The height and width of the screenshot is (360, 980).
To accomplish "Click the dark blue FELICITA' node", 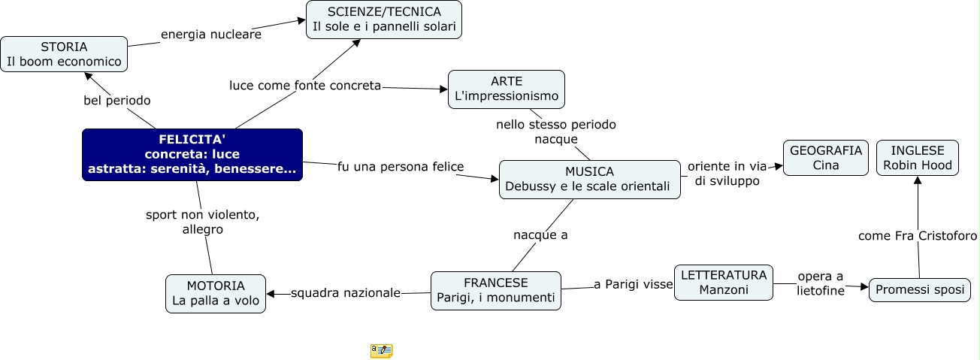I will (x=192, y=155).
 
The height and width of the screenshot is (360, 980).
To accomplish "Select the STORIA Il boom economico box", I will (x=64, y=54).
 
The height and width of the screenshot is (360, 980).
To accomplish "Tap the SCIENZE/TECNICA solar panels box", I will (x=384, y=20).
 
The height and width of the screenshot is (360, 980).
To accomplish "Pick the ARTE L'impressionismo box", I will (x=506, y=89).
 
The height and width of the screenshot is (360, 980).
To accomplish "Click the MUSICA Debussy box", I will (x=589, y=179).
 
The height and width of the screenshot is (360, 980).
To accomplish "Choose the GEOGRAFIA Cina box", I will (x=825, y=158).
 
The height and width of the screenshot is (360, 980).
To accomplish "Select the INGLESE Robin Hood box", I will (x=917, y=158).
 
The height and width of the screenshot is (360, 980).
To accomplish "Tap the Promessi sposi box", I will (x=919, y=290).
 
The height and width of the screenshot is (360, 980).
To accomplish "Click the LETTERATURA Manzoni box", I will (x=723, y=282).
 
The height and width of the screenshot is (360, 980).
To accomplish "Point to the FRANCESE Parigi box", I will (x=495, y=291).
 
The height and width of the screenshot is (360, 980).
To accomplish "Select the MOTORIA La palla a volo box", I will (x=215, y=293).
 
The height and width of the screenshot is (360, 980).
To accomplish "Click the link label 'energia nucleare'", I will (x=211, y=35).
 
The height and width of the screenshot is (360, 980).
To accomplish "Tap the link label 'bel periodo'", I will (x=116, y=100).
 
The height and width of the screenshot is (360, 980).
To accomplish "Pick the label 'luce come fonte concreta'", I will (x=305, y=86).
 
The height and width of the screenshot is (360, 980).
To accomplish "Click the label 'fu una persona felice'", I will (x=401, y=165).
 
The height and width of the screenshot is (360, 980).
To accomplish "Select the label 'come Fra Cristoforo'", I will (x=918, y=236).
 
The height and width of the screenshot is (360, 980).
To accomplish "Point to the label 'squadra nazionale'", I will (x=346, y=292).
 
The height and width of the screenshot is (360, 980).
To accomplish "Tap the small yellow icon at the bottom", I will (x=381, y=350).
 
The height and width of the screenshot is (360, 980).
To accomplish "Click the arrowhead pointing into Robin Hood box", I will (x=917, y=180).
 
